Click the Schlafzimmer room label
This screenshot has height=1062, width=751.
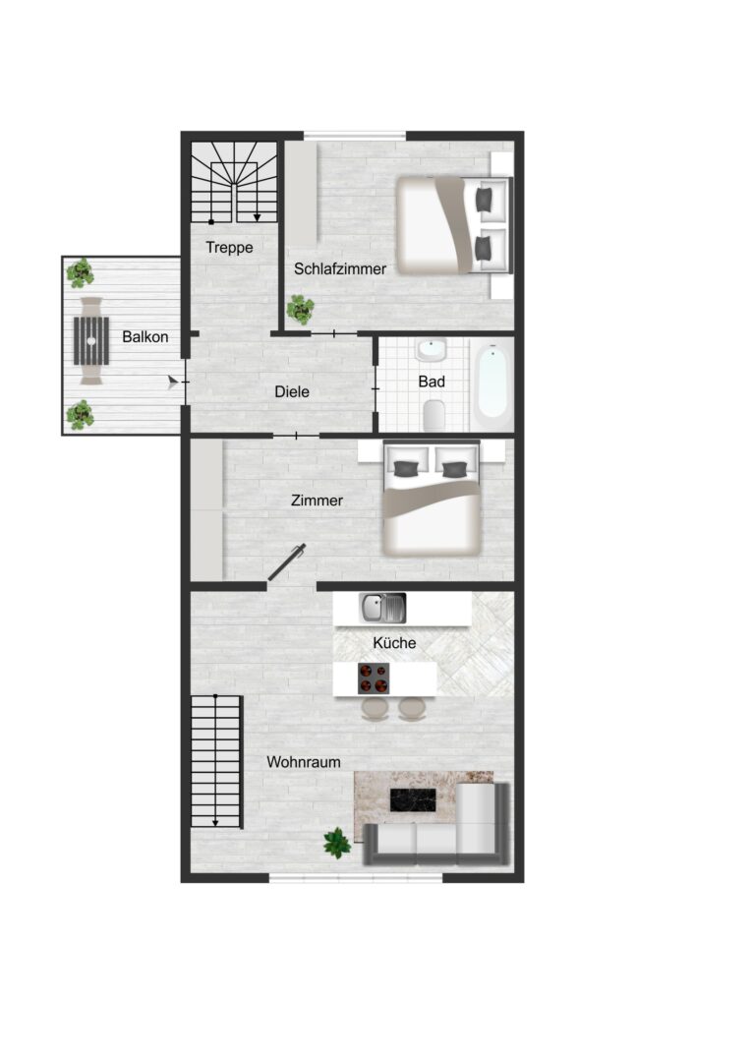point(340,268)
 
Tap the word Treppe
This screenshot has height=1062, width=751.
point(230,248)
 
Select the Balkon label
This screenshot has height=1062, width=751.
point(144,336)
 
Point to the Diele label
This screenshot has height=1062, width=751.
point(292,391)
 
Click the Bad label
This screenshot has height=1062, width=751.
point(432,382)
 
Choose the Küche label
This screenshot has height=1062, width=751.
point(394,642)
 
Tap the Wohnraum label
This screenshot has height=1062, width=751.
point(304,762)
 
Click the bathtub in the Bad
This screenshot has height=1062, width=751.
point(491,383)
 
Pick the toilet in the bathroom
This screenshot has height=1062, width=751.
point(433,415)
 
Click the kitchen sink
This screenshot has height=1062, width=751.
point(382,608)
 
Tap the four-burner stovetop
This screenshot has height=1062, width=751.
point(374,678)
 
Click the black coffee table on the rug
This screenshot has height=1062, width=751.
point(413,799)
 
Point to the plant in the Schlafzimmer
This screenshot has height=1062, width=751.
point(300,310)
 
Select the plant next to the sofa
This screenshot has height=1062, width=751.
point(337,844)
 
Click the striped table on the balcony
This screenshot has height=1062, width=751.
point(91,340)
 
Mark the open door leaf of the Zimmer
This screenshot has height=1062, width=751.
point(286,563)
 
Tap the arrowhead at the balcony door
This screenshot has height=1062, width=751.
point(173,383)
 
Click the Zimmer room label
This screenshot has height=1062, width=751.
point(317,501)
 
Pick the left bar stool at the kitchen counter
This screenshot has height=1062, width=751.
point(375,708)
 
